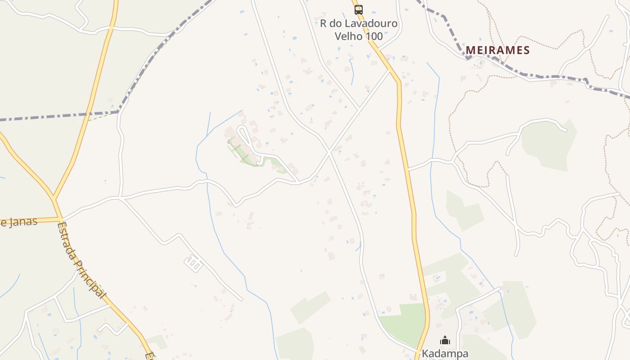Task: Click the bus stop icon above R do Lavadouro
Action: (358, 9)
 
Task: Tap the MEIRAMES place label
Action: (498, 50)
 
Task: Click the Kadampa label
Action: (445, 354)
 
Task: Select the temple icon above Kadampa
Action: (445, 340)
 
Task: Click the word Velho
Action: (349, 36)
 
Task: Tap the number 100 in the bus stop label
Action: (374, 36)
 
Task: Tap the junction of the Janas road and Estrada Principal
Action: (60, 220)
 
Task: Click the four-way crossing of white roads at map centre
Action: (329, 152)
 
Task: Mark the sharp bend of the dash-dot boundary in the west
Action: (118, 112)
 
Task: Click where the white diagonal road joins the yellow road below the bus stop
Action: (390, 70)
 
